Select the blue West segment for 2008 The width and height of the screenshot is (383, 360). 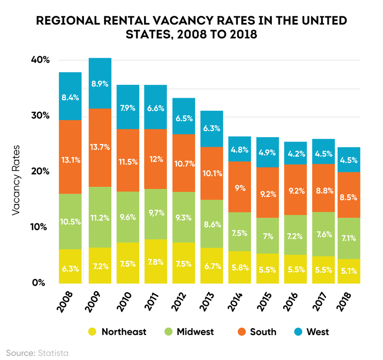coord(70,96)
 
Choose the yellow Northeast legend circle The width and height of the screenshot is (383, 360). coord(92,332)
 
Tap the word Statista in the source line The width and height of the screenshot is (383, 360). coord(53,353)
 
